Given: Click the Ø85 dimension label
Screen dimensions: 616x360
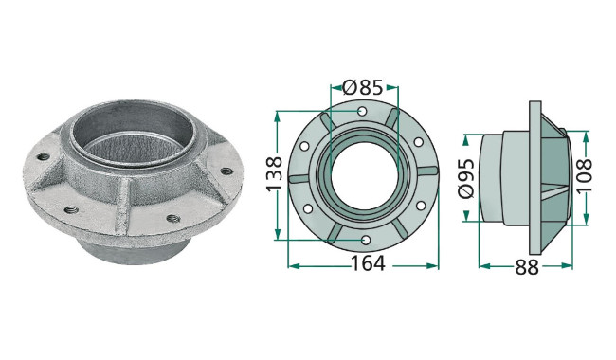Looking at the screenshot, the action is (362, 87).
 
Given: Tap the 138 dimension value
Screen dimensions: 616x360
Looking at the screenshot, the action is (274, 173).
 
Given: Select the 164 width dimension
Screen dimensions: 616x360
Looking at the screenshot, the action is (368, 263).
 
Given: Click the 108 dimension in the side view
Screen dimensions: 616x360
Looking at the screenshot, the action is (584, 175).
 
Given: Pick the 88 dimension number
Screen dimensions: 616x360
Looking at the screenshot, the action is (527, 268).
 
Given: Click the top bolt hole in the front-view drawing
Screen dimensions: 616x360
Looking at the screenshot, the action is (362, 111).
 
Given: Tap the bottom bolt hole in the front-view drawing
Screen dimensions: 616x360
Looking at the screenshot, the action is (366, 240).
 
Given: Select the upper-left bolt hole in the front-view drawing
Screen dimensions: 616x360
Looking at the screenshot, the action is (304, 147).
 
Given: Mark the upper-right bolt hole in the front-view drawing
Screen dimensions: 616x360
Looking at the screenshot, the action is (419, 142).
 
